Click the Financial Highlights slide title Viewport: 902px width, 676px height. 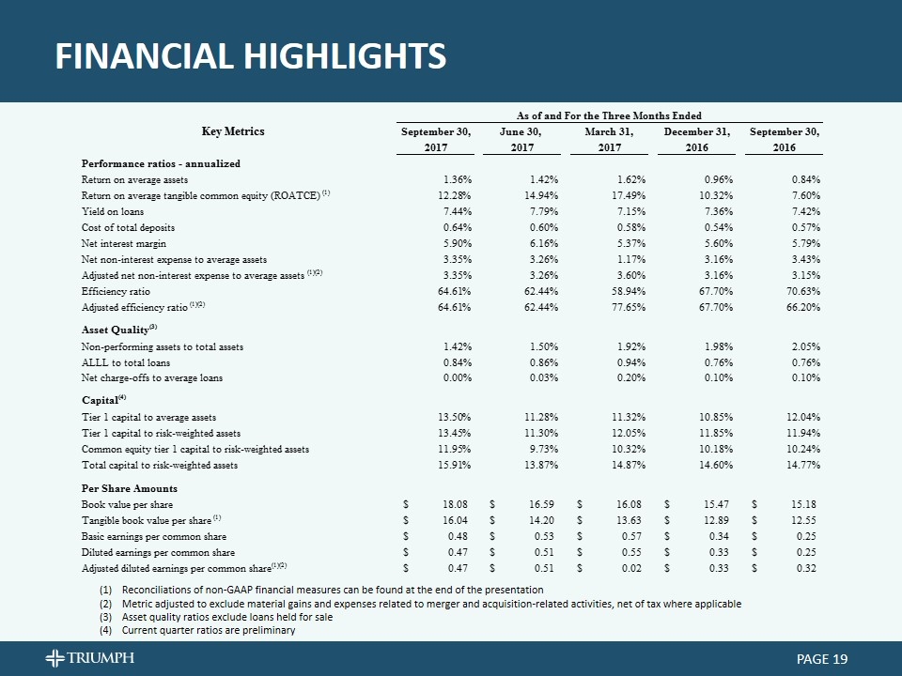pyautogui.click(x=250, y=56)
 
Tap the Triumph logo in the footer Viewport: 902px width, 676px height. pyautogui.click(x=89, y=658)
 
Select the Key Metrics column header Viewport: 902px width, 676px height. pyautogui.click(x=233, y=131)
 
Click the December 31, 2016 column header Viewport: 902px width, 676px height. pyautogui.click(x=696, y=140)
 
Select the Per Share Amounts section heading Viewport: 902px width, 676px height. pyautogui.click(x=129, y=488)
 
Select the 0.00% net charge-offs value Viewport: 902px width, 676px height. pyautogui.click(x=456, y=378)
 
